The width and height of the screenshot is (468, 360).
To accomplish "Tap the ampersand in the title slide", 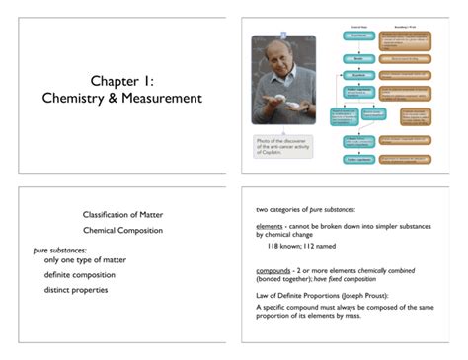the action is pyautogui.click(x=104, y=98).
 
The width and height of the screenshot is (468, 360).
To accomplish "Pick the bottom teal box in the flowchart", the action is pyautogui.click(x=361, y=159).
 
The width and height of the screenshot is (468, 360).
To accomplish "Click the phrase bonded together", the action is pyautogui.click(x=282, y=281).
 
